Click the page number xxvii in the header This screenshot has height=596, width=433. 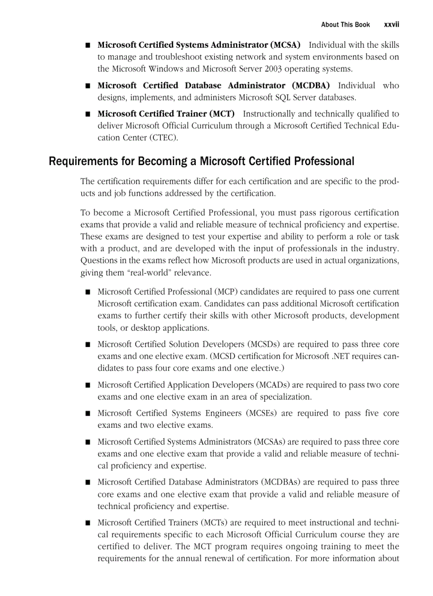(x=392, y=24)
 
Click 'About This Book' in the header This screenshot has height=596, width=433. (x=345, y=24)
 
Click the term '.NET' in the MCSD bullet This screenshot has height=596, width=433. (x=339, y=356)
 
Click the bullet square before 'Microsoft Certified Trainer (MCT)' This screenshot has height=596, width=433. (x=87, y=114)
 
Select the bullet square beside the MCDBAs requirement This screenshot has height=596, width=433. (x=87, y=482)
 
